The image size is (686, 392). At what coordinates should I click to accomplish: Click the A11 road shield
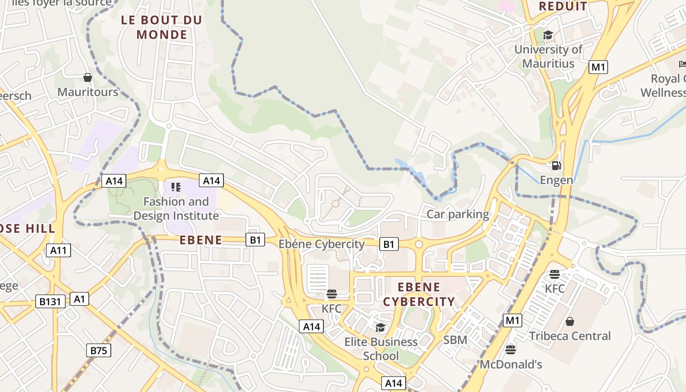pos(59,250)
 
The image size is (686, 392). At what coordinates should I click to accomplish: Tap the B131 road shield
pos(50,301)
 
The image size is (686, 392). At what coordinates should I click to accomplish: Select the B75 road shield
pos(99,350)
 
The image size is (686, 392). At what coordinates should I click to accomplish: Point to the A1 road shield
pos(79,299)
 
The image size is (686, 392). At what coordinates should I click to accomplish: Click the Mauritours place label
pos(88,92)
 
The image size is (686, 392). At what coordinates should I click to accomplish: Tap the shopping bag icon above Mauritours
pos(88,77)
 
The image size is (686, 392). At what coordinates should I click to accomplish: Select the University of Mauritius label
pos(548,56)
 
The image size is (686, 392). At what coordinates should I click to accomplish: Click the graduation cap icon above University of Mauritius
pos(548,35)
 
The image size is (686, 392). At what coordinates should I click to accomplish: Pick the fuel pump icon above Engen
pos(556,166)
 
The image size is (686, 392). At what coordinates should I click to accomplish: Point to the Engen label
pos(556,180)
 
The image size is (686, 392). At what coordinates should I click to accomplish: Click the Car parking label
pos(458,214)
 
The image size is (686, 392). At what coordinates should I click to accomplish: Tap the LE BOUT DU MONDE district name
pos(162,27)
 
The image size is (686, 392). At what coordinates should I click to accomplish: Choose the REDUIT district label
pos(563,6)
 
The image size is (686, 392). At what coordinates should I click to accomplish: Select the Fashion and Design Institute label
pos(176,209)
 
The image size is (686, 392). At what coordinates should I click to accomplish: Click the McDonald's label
pos(511,365)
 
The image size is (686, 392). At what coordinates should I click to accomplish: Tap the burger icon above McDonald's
pos(511,350)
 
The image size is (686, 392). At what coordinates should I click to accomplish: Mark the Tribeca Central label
pos(570,336)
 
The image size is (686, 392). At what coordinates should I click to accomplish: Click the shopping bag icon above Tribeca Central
pos(570,321)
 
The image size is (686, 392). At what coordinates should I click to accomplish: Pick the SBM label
pos(455,340)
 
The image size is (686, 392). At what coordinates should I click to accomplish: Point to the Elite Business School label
pos(381,348)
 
